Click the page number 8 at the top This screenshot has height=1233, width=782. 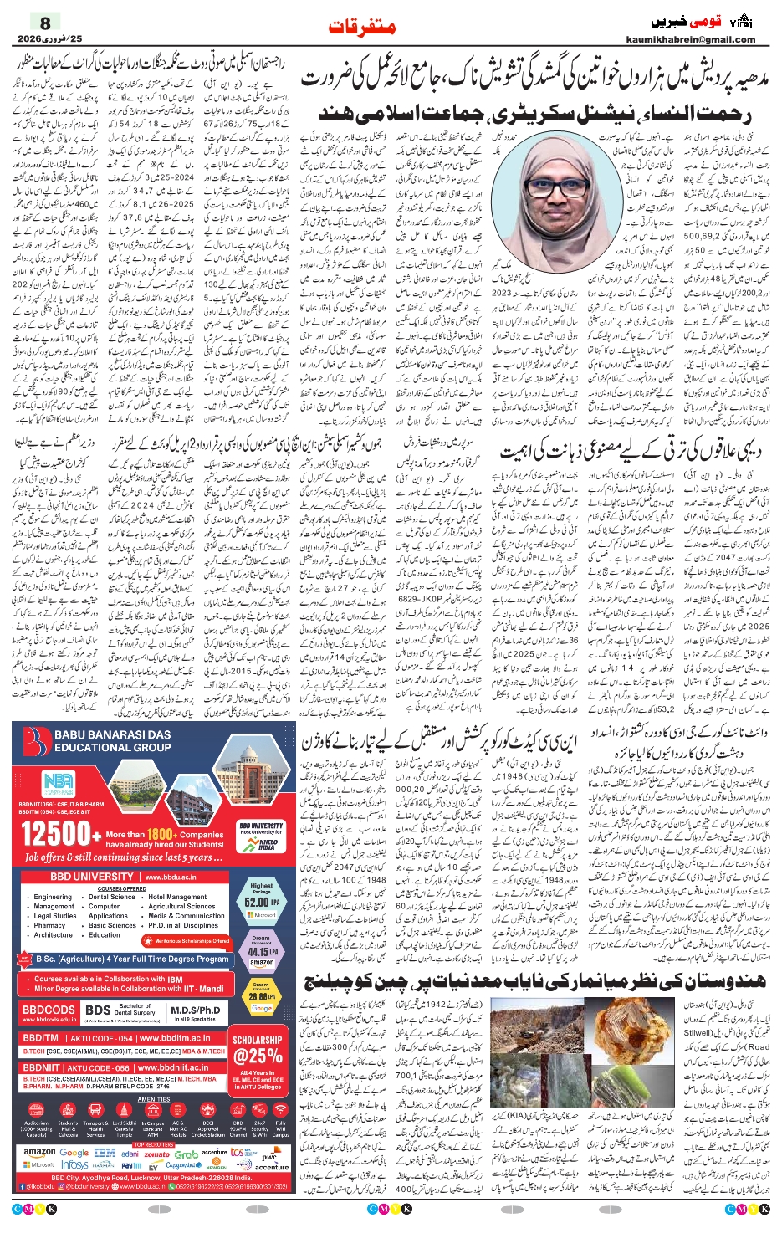click(45, 23)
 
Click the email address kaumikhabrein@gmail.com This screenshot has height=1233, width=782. click(690, 39)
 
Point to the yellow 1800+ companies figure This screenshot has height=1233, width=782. click(161, 834)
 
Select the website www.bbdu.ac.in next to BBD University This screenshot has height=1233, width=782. click(171, 877)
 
